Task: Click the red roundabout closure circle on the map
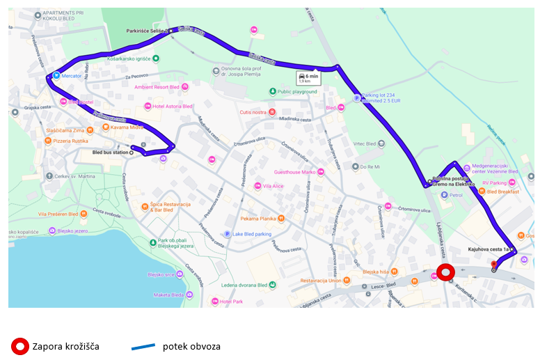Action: coord(444,273)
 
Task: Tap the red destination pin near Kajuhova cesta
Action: coord(494,265)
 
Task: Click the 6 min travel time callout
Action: coord(308,78)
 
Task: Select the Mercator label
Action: coord(72,75)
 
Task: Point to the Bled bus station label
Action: coord(111,152)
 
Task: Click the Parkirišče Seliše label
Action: coord(145,31)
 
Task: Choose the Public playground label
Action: coord(297,91)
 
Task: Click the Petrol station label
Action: coord(456,195)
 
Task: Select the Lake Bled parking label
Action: coord(251,234)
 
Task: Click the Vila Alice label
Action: coord(273,186)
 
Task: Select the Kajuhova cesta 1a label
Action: coord(488,249)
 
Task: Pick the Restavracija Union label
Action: coord(320,281)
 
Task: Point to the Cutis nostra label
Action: coord(253,111)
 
